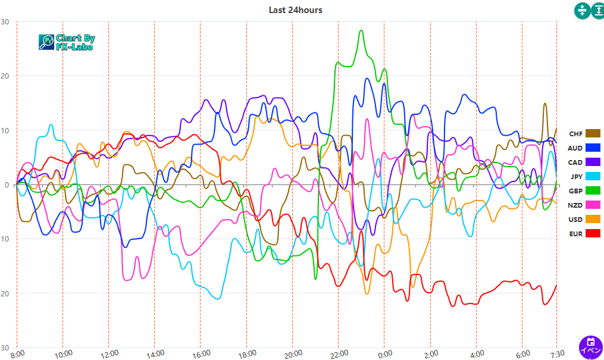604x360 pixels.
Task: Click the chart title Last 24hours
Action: (x=296, y=10)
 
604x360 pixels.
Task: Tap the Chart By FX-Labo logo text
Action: (x=75, y=42)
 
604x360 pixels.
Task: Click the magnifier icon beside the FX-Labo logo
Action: (x=46, y=42)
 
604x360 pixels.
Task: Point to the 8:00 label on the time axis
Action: (x=18, y=353)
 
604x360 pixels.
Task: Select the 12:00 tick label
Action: (x=109, y=353)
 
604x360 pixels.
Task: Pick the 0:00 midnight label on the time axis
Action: (x=385, y=353)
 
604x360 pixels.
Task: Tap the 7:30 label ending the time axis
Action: (x=556, y=353)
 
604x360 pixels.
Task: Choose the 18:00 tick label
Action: (x=247, y=353)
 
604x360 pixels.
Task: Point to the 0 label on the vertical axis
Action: (x=7, y=185)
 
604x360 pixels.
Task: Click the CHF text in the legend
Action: (x=575, y=133)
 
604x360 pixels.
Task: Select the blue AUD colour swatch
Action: (x=593, y=148)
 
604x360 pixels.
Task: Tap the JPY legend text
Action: (x=576, y=176)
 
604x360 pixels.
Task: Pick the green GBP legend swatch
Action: (x=593, y=190)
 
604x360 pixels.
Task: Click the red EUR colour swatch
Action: (x=593, y=233)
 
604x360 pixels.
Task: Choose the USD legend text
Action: (x=575, y=219)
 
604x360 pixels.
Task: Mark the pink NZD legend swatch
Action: (x=593, y=205)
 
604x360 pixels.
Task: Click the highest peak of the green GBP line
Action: (x=361, y=30)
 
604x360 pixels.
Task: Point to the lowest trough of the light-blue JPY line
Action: (x=218, y=299)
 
